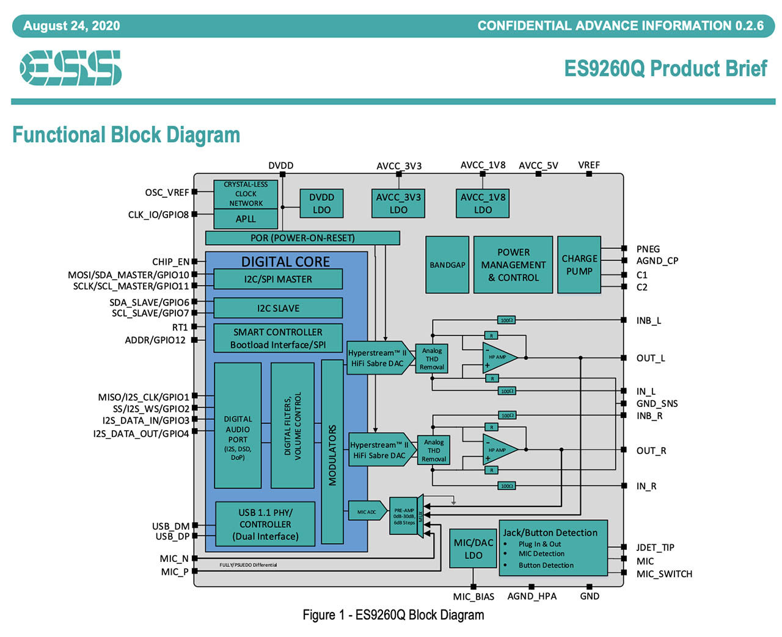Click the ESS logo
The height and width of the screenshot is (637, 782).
click(x=70, y=68)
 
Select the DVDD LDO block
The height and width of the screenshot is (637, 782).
click(x=321, y=203)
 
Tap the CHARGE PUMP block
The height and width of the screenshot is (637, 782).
click(x=579, y=265)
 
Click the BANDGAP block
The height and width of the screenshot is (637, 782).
click(x=447, y=265)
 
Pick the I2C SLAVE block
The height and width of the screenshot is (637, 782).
click(x=278, y=308)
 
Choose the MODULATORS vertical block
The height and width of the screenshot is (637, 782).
click(x=332, y=452)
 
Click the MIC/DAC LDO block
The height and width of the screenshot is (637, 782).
click(x=473, y=549)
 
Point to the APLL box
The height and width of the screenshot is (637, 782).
click(x=246, y=219)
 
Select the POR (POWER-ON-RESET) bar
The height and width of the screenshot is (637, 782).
click(x=302, y=238)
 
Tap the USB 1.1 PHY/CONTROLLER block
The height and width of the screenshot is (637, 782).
click(x=265, y=524)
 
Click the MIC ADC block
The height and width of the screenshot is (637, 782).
click(x=367, y=511)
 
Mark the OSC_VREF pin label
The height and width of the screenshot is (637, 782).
click(x=167, y=193)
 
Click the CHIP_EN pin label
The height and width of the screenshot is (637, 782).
click(x=170, y=262)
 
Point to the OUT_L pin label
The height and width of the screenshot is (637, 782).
click(x=651, y=358)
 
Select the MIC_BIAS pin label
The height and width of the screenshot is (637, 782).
click(x=473, y=597)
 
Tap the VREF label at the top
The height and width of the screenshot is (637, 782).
click(x=589, y=165)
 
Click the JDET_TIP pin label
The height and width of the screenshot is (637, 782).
click(x=656, y=547)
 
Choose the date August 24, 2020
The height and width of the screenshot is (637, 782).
click(x=71, y=26)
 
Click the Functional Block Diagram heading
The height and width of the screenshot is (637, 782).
click(x=126, y=135)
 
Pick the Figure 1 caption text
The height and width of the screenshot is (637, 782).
click(x=393, y=614)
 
